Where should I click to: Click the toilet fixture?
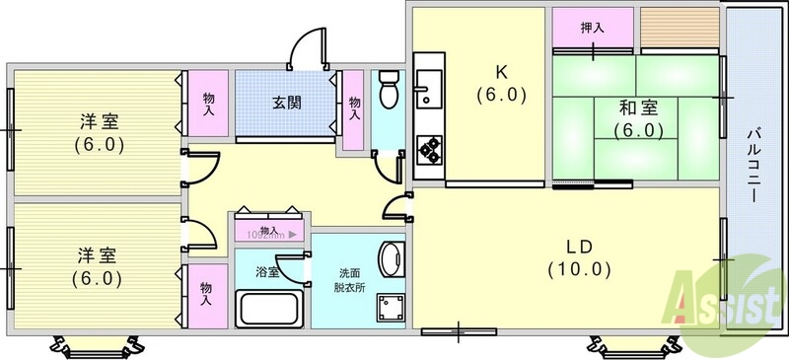tap(388, 90)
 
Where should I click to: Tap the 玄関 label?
tap(286, 101)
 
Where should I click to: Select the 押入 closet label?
tap(592, 28)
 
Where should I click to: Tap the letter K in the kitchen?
tap(500, 72)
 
